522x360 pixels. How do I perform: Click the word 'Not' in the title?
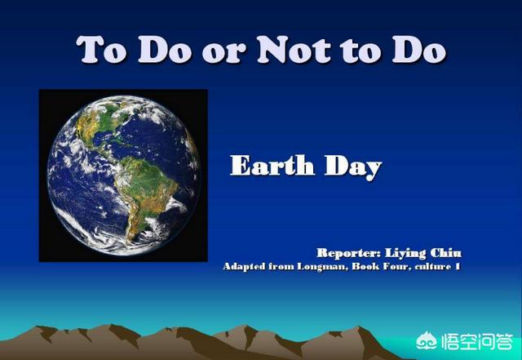(x=294, y=50)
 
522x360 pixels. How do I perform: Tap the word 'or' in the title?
(x=223, y=53)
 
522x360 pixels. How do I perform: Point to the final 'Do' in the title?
(x=419, y=50)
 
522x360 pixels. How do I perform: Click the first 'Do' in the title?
(x=166, y=50)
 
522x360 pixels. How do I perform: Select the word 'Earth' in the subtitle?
(x=272, y=166)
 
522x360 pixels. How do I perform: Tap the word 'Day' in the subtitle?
(x=353, y=167)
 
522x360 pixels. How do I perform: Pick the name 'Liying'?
(x=405, y=254)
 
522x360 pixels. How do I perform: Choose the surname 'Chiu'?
(x=446, y=253)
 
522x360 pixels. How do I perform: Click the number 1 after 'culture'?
(x=458, y=266)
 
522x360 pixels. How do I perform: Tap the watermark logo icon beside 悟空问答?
(x=427, y=341)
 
